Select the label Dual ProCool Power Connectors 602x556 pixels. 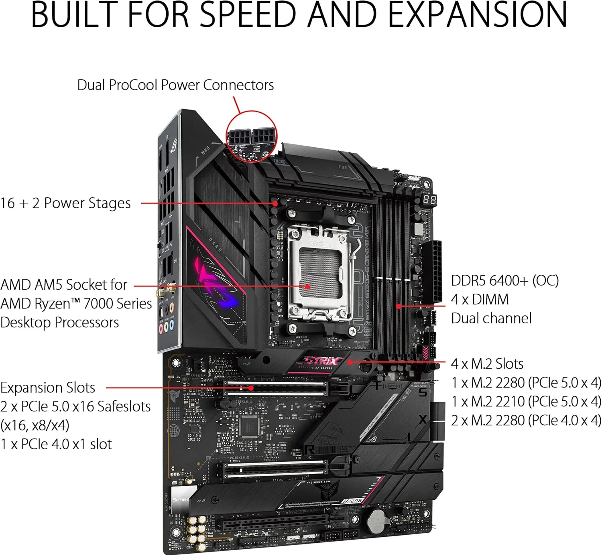coord(175,85)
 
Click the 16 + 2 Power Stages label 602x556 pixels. coord(65,203)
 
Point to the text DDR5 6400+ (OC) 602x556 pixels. coord(504,281)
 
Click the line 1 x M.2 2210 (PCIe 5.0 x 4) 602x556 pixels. coord(526,402)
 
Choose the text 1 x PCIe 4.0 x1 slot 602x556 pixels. coord(56,444)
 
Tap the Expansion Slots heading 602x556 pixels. coord(48,388)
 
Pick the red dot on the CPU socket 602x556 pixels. coord(307,287)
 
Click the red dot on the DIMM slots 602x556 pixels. coord(398,306)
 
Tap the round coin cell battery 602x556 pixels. coord(377,522)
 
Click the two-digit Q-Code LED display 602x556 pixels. coord(429,199)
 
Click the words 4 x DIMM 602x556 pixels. coord(480,300)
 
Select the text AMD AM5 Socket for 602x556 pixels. coord(64,285)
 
